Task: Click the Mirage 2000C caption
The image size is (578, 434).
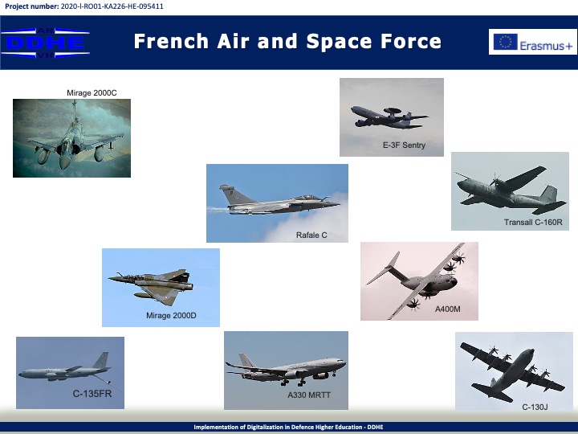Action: pos(92,93)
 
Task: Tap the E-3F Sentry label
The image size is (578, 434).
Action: pos(404,145)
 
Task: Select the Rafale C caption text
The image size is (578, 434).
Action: pos(311,235)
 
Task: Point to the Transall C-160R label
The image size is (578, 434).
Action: pos(533,222)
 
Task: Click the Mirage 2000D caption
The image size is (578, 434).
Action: pos(171,316)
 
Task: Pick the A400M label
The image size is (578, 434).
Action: pos(447,309)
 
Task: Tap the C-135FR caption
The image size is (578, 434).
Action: pos(92,394)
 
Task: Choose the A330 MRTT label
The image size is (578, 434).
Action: pos(309,395)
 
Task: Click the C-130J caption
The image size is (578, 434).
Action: pos(535,407)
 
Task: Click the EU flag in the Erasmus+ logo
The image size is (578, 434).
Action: pos(506,42)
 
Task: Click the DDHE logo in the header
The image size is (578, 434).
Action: pos(45,43)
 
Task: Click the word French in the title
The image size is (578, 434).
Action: pos(172,41)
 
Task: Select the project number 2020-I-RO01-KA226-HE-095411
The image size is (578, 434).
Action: pos(112,6)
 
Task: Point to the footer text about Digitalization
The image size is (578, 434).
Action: pos(289,427)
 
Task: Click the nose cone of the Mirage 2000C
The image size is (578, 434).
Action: pos(64,163)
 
